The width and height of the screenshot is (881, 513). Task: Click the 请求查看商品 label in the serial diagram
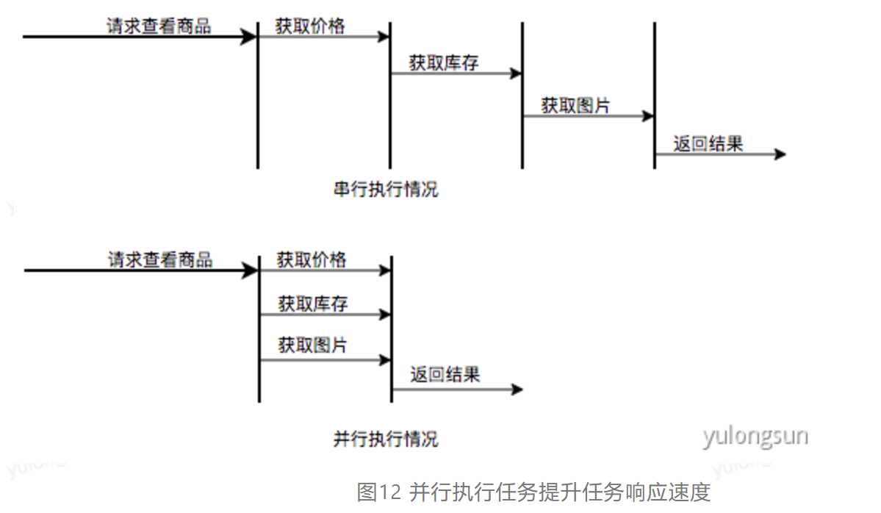click(158, 26)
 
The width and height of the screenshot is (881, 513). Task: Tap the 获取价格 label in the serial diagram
click(310, 26)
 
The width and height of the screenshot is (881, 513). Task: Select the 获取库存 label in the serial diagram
click(444, 63)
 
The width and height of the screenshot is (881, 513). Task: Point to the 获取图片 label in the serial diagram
click(575, 106)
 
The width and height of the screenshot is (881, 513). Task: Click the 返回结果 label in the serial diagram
click(708, 144)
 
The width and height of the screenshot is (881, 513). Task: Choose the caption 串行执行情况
click(386, 189)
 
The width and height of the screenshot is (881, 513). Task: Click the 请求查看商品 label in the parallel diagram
click(160, 259)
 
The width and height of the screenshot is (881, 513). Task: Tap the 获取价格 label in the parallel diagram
click(312, 259)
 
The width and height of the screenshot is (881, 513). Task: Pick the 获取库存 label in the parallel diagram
click(313, 303)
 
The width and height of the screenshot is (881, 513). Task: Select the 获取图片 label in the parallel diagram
click(313, 345)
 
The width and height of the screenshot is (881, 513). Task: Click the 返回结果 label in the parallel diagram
click(445, 375)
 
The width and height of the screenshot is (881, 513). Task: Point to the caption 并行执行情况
click(386, 440)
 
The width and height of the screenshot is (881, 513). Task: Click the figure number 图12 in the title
click(378, 492)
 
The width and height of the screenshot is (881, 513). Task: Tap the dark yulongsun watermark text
click(755, 436)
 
